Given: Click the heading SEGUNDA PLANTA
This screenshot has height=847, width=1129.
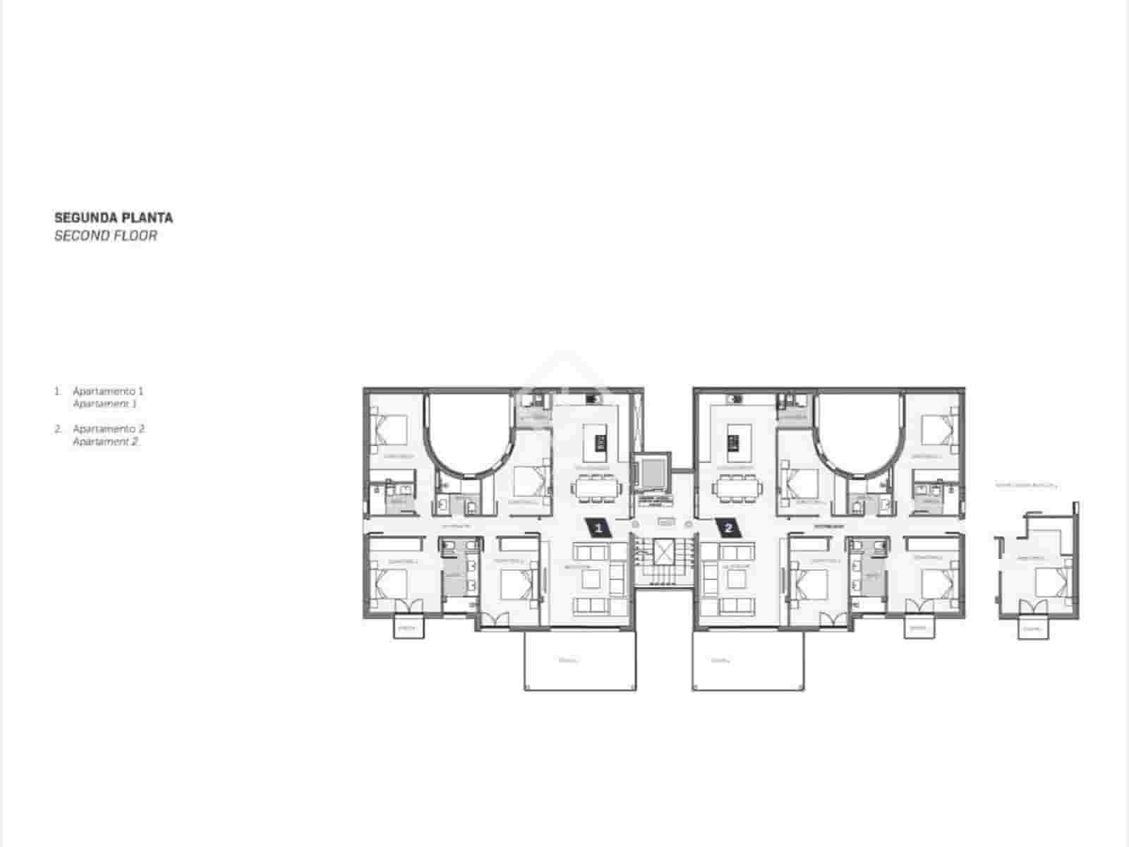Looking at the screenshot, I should [x=114, y=217].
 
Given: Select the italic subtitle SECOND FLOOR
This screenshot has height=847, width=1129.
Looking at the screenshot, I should [x=106, y=236].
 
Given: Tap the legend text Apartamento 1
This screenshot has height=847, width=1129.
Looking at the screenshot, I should [x=108, y=390].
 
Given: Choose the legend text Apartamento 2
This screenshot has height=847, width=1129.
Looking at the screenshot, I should [x=109, y=428].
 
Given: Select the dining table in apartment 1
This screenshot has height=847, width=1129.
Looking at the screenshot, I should [x=597, y=488].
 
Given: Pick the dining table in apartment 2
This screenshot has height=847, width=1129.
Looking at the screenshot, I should [x=737, y=488].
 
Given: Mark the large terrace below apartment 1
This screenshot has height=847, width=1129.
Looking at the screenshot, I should [x=580, y=661].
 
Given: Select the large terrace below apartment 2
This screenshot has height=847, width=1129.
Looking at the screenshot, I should [x=748, y=661].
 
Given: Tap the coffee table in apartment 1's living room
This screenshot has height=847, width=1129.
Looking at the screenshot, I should [x=591, y=579].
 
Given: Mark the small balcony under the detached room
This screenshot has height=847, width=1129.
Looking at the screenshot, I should [x=1032, y=629].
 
